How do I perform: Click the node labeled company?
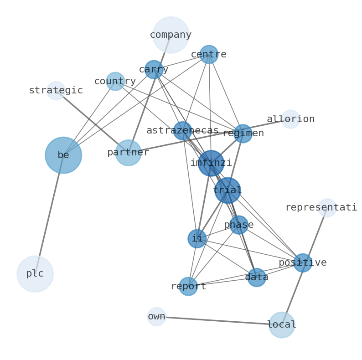point(171,35)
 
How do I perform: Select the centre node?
point(209,54)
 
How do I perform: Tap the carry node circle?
point(154,70)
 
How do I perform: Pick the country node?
point(115,81)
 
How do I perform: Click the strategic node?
point(56,90)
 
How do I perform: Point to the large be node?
point(63,155)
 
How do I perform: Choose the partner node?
point(128,153)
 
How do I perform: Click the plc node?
point(35,274)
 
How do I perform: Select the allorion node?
point(290,119)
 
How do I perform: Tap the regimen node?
point(243,134)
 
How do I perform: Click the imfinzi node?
point(211,163)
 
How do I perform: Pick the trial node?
point(228,190)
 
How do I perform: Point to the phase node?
point(239,225)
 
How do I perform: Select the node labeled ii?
point(197,238)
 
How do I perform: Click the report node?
point(188,286)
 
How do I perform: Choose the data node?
point(257,277)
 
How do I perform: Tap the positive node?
point(302,262)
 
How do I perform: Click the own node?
point(156,316)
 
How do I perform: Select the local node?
point(281,325)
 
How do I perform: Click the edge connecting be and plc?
point(49,214)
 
